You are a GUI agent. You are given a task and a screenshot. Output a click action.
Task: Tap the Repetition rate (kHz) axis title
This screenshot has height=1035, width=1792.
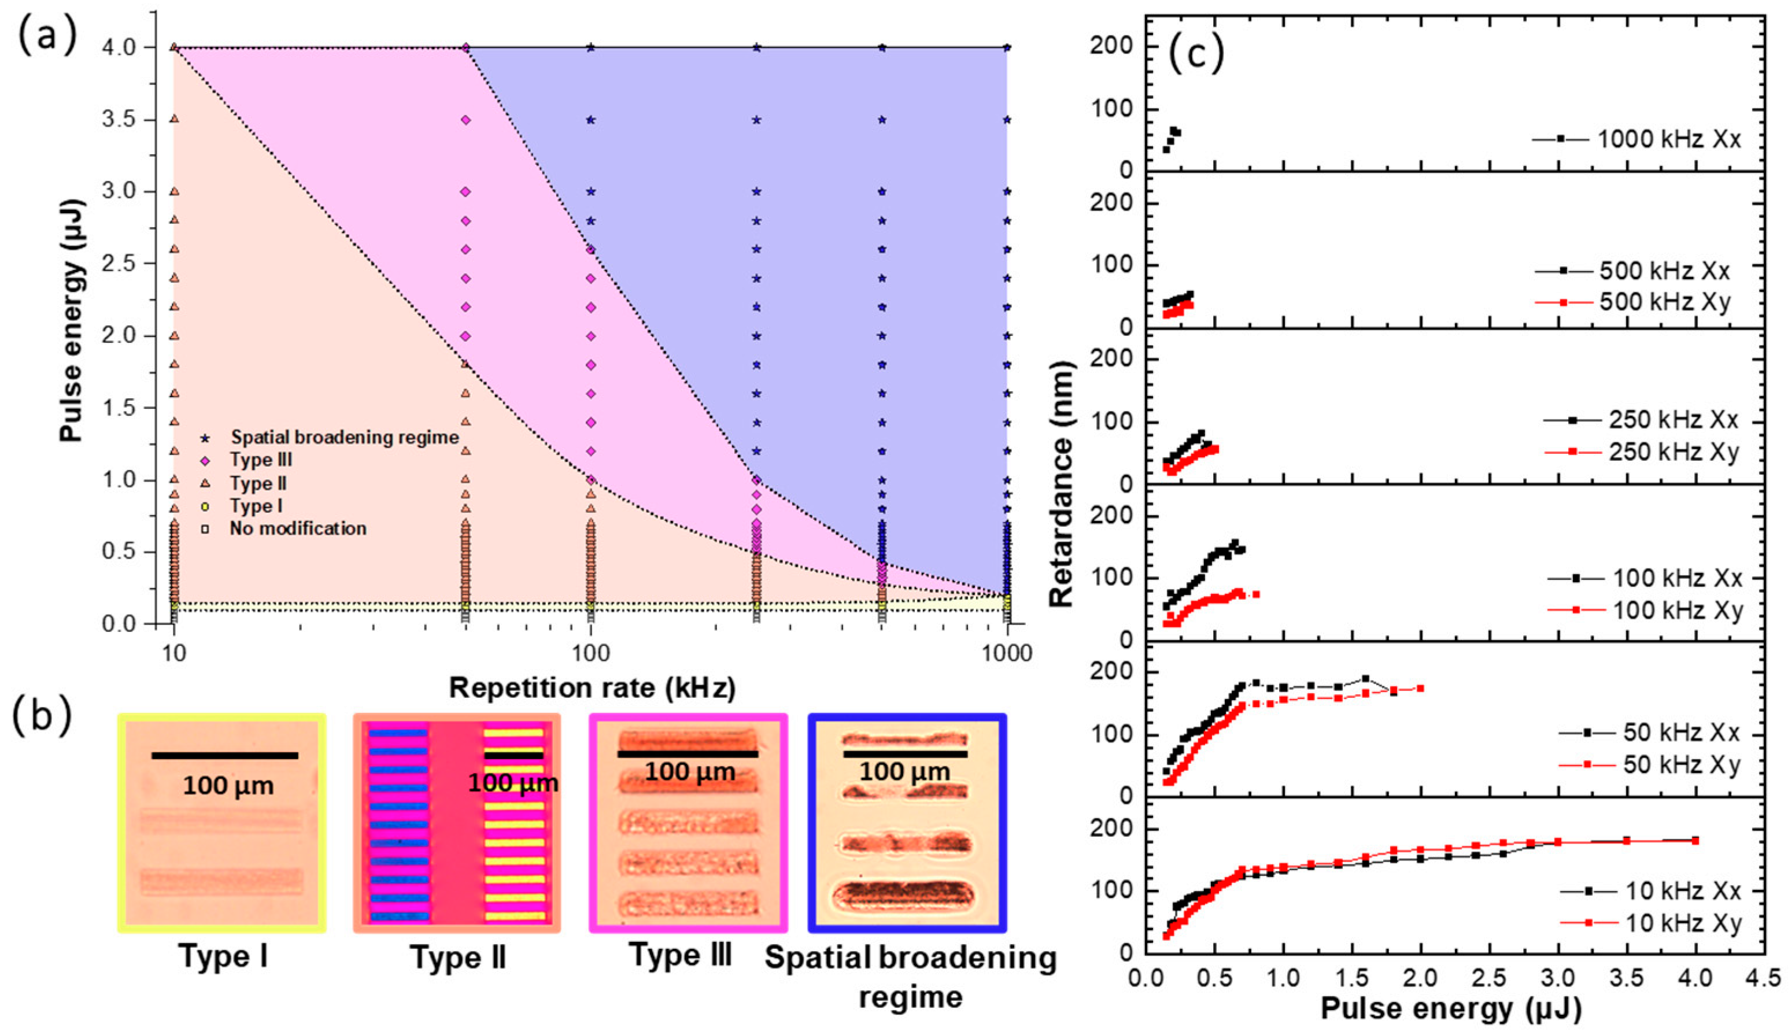point(592,688)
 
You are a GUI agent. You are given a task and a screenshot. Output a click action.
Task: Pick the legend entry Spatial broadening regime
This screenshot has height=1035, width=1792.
point(344,437)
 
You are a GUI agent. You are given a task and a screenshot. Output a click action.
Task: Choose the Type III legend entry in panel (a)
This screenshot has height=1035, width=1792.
point(261,460)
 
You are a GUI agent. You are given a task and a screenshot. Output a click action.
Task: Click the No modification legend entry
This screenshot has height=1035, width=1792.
point(297,528)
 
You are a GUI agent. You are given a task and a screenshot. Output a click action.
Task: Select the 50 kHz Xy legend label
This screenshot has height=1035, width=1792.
point(1681,765)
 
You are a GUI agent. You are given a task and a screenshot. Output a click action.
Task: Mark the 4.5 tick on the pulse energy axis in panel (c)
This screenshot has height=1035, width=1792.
point(1764,979)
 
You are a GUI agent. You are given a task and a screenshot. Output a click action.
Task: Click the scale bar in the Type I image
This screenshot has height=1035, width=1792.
point(224,755)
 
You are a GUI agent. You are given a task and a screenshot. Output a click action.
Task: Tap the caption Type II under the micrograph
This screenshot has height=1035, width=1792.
point(458,958)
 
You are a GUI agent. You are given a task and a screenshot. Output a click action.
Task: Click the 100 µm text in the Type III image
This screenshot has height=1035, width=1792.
point(689,771)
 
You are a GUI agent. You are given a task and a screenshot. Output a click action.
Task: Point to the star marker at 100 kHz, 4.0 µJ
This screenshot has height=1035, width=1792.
point(590,47)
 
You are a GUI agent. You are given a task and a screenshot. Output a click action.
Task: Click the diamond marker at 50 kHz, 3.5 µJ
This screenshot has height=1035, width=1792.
point(465,120)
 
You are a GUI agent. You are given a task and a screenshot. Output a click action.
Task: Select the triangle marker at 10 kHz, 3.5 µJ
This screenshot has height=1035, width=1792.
point(174,120)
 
